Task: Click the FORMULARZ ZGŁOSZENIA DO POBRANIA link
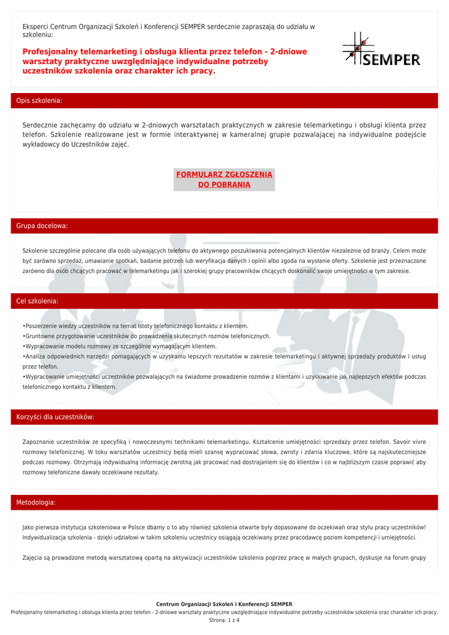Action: (224, 179)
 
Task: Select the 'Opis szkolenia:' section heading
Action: (39, 100)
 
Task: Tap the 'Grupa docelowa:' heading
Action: (42, 226)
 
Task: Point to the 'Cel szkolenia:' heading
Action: (37, 301)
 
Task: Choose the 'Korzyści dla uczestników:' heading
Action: (55, 417)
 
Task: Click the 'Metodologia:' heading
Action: (36, 502)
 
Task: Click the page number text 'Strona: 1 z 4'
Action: (224, 620)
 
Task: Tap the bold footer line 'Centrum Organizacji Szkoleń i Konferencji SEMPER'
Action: (224, 604)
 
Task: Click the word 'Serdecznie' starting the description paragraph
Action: (42, 125)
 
